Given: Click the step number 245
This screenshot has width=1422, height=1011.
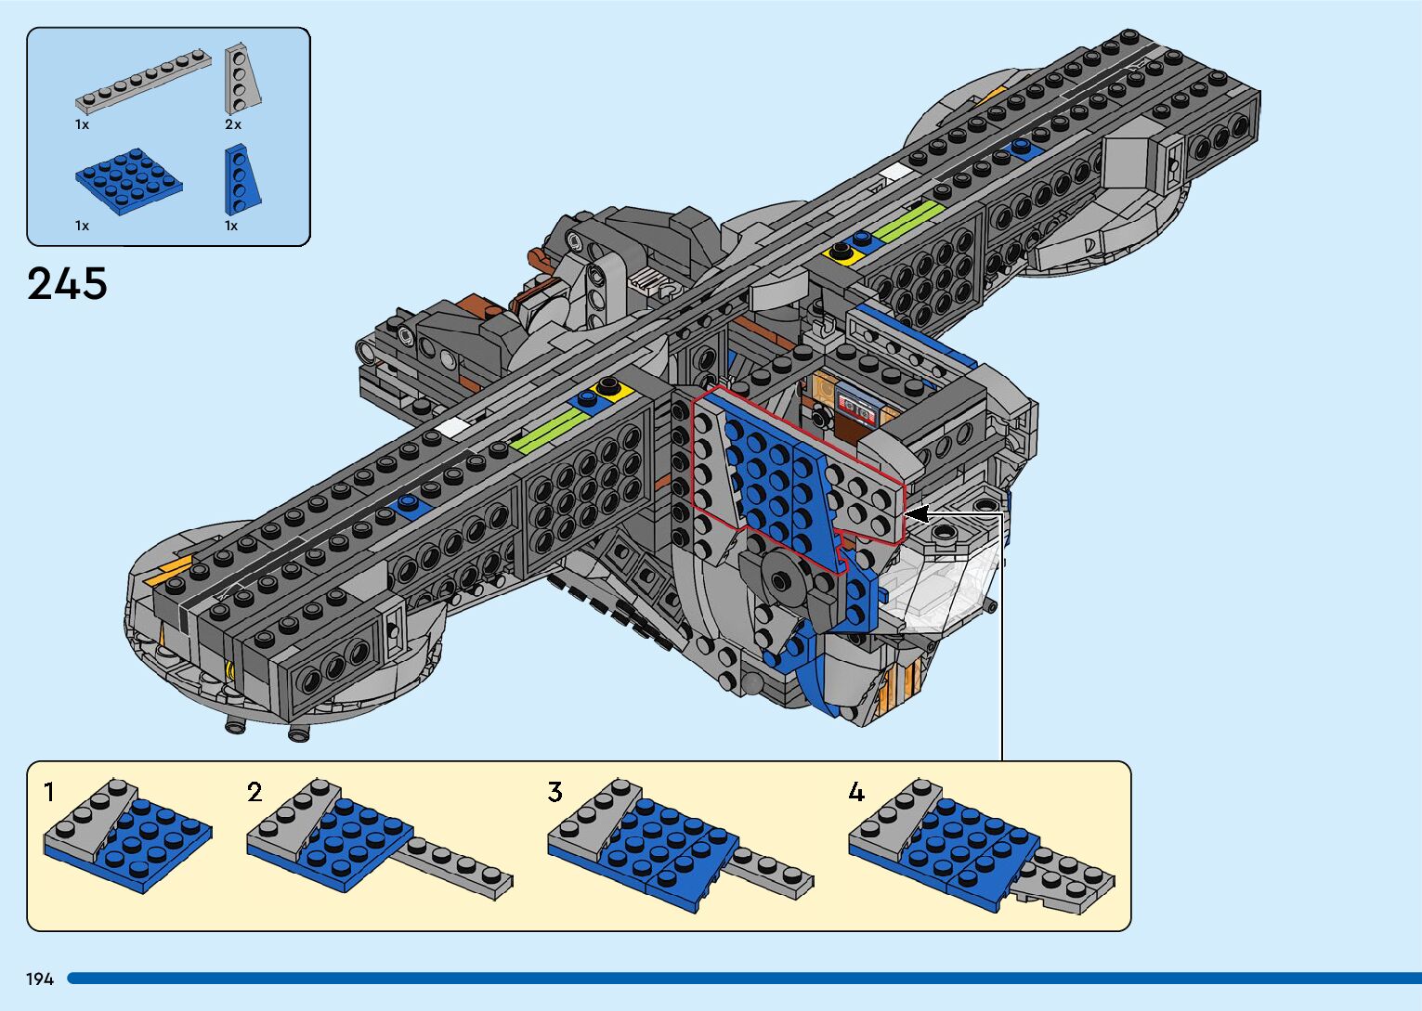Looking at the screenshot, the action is point(67,283).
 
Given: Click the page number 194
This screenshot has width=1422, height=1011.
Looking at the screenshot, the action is point(40,979).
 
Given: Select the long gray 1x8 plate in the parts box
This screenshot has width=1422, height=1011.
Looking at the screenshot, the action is point(143,81).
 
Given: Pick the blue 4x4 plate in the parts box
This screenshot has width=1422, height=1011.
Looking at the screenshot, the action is point(129,181).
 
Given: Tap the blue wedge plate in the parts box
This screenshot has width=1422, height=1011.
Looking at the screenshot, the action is point(241,179).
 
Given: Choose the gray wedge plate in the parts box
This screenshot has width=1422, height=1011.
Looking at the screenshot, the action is point(241,78).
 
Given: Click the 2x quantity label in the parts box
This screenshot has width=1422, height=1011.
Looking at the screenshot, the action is point(233,124).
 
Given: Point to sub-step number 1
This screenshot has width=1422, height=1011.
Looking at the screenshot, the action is point(49,792).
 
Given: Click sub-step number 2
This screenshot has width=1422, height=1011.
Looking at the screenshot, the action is point(254,792).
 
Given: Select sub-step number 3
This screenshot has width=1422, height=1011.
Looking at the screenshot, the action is point(555,792).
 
